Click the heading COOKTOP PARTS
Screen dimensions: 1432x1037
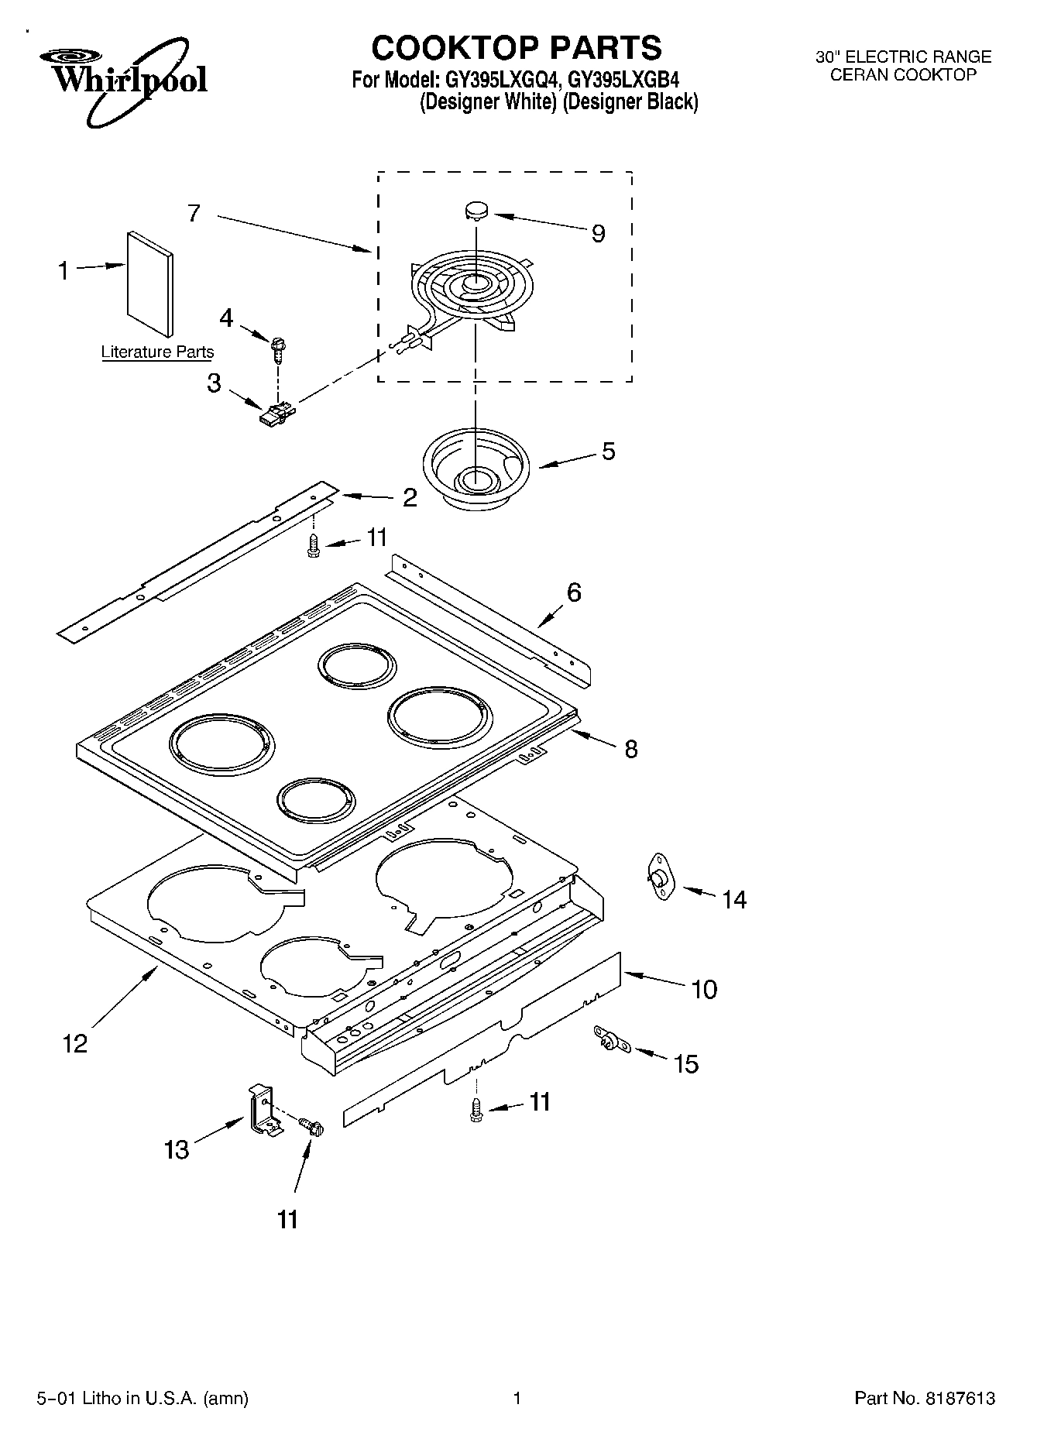point(517,47)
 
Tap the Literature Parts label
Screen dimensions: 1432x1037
point(157,352)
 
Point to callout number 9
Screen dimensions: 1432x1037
point(598,234)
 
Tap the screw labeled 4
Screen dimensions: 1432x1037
point(276,349)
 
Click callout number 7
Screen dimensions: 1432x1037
point(194,214)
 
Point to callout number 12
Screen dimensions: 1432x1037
point(75,1043)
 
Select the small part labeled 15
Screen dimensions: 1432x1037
point(610,1040)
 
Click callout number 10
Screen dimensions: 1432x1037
point(704,989)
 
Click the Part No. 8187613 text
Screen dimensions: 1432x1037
point(924,1398)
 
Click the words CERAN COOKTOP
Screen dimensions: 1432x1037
point(903,75)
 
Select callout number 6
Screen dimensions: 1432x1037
point(574,592)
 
